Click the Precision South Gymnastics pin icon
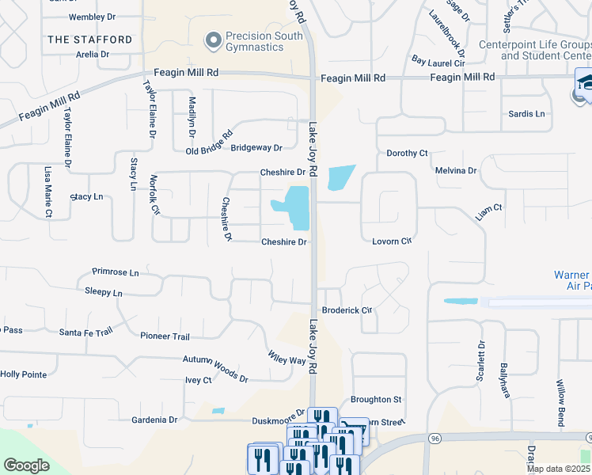click(x=212, y=40)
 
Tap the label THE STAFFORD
click(x=89, y=40)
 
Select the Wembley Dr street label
click(x=93, y=17)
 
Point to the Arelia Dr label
click(x=92, y=55)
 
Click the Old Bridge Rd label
click(x=209, y=140)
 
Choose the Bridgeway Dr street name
click(x=256, y=148)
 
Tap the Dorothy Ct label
click(x=407, y=153)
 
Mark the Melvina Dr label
click(x=456, y=170)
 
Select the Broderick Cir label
click(x=347, y=310)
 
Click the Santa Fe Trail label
click(x=86, y=332)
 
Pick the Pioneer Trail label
click(x=165, y=336)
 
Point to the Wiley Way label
click(x=287, y=357)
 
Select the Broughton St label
click(x=376, y=400)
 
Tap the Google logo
click(x=27, y=465)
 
